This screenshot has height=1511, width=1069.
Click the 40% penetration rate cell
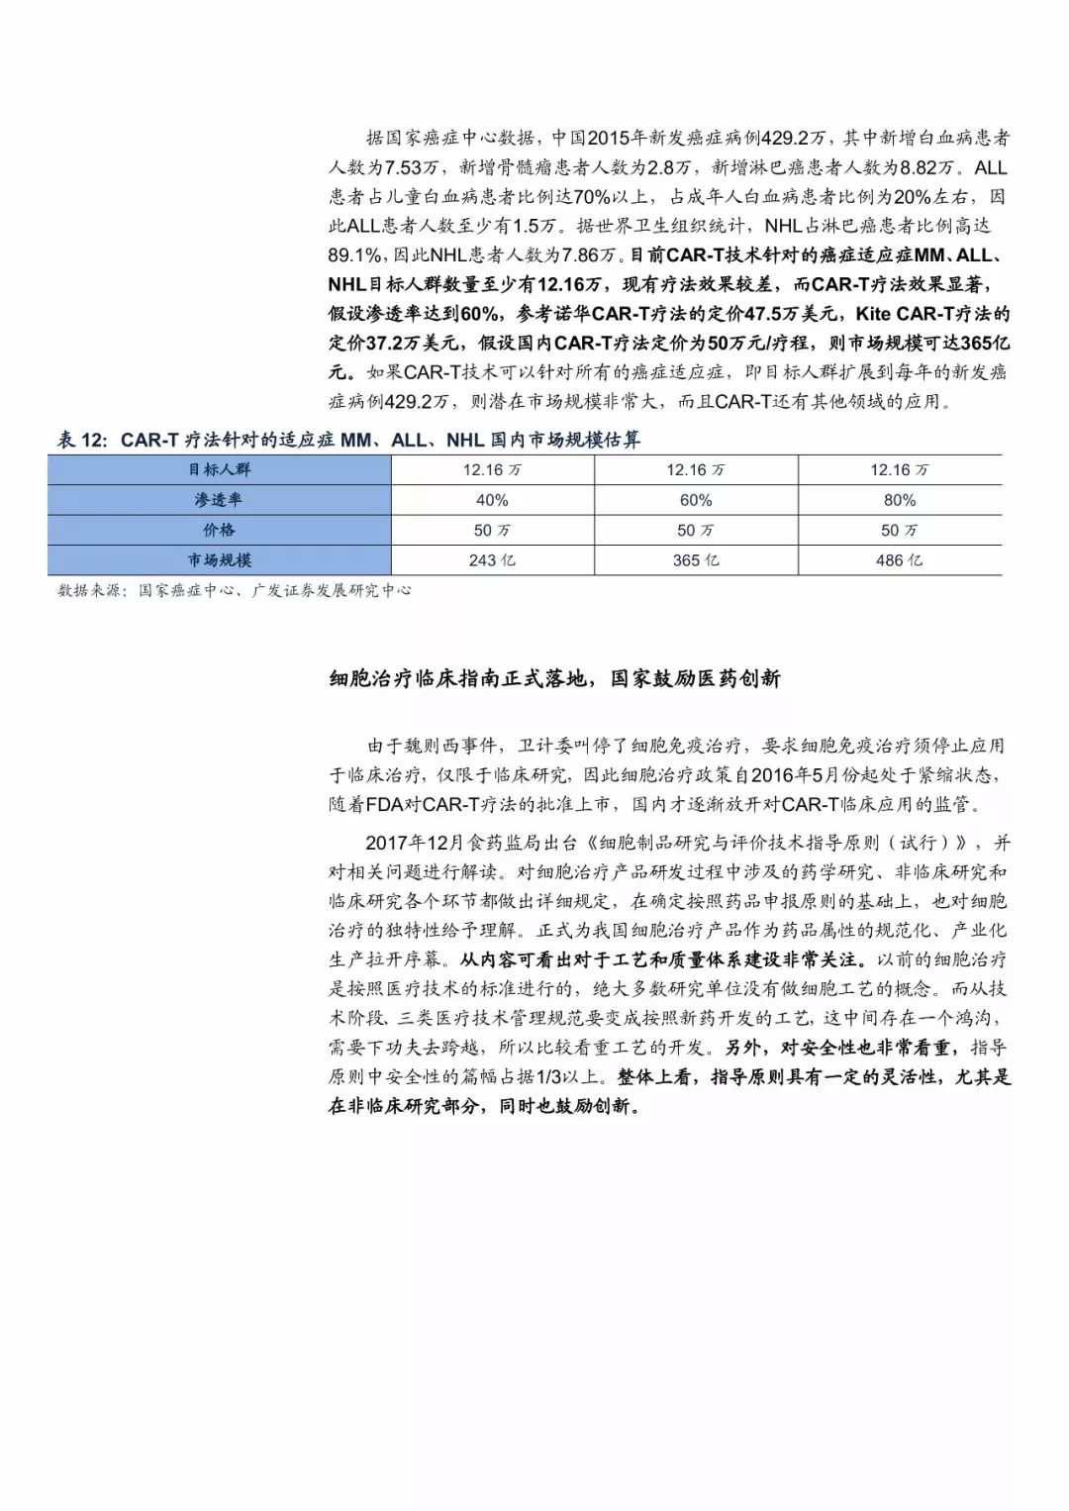point(492,501)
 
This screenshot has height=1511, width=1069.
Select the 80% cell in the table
point(900,501)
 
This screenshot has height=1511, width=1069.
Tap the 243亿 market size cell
point(492,560)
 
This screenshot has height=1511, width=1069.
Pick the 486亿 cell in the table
point(900,560)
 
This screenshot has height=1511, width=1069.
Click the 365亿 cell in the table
point(696,560)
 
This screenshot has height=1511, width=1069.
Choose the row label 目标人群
point(219,470)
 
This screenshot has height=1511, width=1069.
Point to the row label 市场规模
point(219,560)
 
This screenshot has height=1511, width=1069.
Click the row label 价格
point(219,531)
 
